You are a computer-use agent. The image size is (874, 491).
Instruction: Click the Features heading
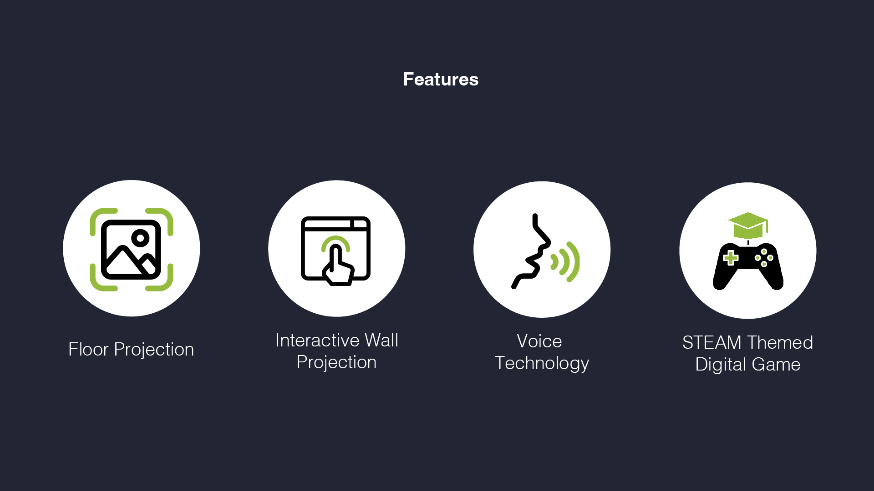pos(441,80)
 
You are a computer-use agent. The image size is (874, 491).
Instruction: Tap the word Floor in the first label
pos(88,349)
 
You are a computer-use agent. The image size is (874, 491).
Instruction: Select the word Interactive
pos(317,340)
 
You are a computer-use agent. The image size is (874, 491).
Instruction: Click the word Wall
pos(381,340)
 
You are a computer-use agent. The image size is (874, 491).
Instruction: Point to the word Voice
pos(539,341)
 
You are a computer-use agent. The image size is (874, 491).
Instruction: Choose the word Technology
pos(542,363)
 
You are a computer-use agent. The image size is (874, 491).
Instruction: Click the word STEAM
pos(712,342)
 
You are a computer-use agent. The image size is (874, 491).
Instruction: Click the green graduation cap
pos(748,225)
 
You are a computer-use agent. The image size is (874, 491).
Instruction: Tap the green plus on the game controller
pos(731,258)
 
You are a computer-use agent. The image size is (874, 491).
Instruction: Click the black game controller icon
pos(748,266)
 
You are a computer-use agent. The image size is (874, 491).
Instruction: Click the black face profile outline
pos(531,251)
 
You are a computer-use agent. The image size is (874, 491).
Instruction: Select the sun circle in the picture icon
pos(140,238)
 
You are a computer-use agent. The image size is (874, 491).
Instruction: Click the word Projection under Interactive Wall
pos(336,362)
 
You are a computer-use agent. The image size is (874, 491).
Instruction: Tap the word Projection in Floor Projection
pos(154,350)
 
